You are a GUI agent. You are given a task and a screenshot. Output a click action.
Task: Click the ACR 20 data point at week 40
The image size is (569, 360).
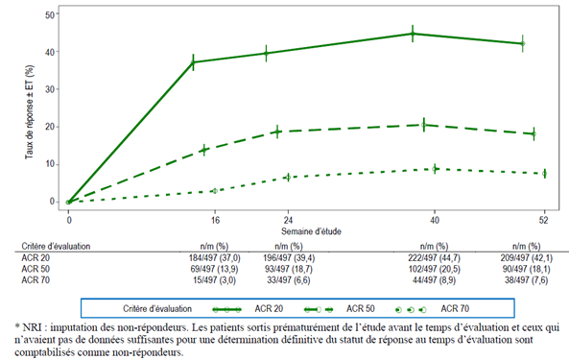[x=413, y=34]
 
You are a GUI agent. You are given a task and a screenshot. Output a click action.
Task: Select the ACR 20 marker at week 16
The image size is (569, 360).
[x=193, y=62]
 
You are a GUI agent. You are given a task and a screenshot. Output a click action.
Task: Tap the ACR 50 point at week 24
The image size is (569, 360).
[x=277, y=132]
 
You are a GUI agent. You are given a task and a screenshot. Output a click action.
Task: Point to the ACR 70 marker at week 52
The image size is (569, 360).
[x=545, y=174]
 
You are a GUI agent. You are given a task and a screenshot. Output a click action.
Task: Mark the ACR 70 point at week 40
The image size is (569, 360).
[x=435, y=169]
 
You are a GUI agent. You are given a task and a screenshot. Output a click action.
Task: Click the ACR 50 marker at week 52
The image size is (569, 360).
[x=533, y=133]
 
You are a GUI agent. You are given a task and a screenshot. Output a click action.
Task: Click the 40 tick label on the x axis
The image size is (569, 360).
[x=435, y=220]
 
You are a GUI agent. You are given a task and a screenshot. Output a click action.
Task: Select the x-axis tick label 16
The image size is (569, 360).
[x=215, y=220]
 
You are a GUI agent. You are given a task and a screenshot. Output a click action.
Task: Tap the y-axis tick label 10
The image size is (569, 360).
[x=50, y=164]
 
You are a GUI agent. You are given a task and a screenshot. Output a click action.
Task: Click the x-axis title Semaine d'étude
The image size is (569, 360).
[x=311, y=231]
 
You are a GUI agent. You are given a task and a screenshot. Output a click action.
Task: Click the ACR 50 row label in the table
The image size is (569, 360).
[x=36, y=269]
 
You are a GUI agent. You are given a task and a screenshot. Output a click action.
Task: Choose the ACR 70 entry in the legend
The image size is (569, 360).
[x=433, y=309]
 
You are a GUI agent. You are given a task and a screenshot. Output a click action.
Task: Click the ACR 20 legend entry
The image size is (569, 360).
[x=248, y=309]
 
